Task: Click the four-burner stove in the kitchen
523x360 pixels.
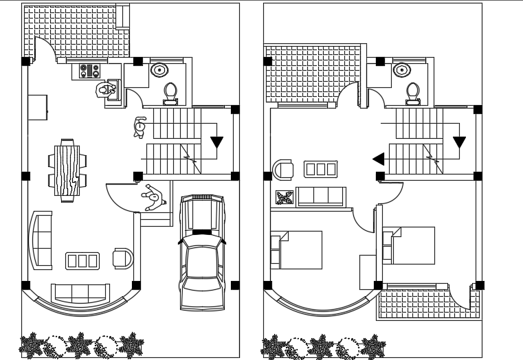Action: [x=89, y=71]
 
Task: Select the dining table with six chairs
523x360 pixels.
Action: [x=67, y=170]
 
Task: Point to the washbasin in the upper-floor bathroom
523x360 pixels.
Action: [x=402, y=69]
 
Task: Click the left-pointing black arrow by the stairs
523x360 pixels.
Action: [x=378, y=159]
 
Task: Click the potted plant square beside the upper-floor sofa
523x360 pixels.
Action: [x=284, y=198]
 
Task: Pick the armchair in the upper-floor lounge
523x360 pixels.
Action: [x=282, y=169]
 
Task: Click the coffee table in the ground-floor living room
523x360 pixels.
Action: [x=82, y=260]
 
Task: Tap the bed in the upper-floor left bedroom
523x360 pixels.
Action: [x=297, y=249]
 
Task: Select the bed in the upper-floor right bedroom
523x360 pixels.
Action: [x=410, y=245]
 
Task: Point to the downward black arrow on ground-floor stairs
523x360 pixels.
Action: [x=216, y=142]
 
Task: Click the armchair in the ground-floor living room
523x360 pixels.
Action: [x=123, y=258]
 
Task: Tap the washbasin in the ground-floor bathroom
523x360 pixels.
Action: [x=159, y=69]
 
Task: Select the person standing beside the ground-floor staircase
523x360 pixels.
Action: [x=140, y=127]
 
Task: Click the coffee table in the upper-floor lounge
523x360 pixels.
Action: [x=320, y=169]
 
